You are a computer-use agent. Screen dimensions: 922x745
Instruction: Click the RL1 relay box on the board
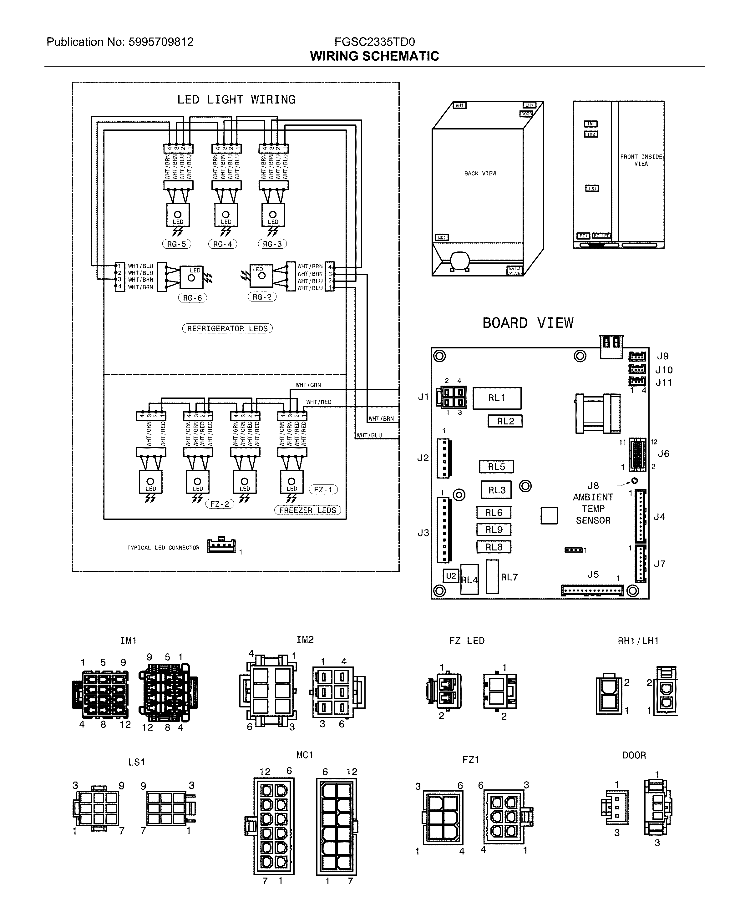tap(497, 398)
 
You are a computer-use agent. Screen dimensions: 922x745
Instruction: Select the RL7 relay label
tap(509, 577)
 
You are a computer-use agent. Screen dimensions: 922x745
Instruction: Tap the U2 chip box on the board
tap(451, 576)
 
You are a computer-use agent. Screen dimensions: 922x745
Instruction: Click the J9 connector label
tap(663, 356)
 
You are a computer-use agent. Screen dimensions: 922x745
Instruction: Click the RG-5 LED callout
tap(176, 244)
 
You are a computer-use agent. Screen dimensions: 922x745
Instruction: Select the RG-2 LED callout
tap(262, 297)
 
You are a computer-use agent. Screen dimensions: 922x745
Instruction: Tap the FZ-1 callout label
tap(323, 489)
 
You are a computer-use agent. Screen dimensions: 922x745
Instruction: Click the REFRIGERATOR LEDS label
tap(227, 329)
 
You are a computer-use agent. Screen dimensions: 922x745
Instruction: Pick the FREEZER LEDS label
tap(307, 510)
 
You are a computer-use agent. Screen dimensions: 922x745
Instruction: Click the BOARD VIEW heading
tap(528, 323)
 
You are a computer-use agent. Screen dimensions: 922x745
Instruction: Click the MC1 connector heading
tap(305, 755)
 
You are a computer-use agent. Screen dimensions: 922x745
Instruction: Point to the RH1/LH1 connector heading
tap(638, 641)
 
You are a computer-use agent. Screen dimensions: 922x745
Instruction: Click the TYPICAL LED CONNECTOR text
tap(163, 548)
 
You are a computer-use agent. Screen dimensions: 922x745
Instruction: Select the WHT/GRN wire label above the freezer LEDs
tap(308, 385)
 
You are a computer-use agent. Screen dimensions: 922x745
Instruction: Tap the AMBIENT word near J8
tap(593, 497)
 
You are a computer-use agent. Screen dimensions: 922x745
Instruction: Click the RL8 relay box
tap(494, 547)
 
